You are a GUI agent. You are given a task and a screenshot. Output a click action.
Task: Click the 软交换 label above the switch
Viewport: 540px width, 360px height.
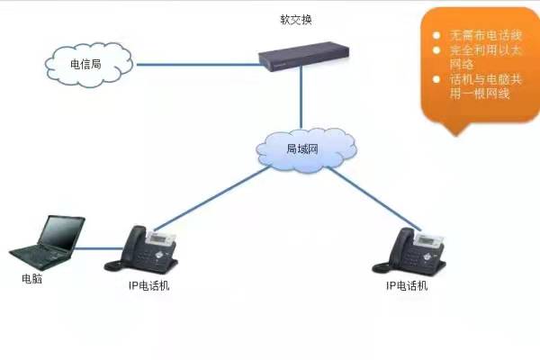296,19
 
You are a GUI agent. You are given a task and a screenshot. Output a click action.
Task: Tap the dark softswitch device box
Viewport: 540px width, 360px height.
304,56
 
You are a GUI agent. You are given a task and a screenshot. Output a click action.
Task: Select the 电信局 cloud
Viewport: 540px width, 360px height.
89,65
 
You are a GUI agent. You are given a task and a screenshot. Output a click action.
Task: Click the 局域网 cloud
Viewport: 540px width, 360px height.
306,150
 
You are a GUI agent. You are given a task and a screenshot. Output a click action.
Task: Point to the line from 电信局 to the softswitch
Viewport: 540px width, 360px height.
198,65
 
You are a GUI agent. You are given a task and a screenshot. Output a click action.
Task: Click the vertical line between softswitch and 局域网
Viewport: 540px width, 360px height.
301,97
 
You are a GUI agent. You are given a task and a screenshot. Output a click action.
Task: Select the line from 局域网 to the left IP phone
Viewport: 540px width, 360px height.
212,198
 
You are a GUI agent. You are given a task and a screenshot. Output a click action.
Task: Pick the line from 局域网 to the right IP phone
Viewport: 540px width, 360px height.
373,198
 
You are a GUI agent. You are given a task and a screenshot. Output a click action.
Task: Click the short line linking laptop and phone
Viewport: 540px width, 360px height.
99,248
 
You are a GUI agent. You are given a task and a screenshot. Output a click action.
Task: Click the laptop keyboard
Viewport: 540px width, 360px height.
42,256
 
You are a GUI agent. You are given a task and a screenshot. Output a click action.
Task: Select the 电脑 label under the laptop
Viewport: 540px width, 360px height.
32,278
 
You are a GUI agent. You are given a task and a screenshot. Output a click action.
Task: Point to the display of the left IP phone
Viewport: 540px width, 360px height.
161,238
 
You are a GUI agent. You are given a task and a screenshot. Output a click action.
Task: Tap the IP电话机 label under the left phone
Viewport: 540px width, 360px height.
148,285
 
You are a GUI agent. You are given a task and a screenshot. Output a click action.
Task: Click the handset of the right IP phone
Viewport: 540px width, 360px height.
400,246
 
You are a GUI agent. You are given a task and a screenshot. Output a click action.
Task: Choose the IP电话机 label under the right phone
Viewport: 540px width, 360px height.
407,285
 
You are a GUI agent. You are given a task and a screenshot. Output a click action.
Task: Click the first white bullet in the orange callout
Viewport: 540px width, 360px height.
436,35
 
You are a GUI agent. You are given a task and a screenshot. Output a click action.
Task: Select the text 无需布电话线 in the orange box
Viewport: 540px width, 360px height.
486,35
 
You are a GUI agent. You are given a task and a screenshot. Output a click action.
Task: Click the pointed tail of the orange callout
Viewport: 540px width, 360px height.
456,135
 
